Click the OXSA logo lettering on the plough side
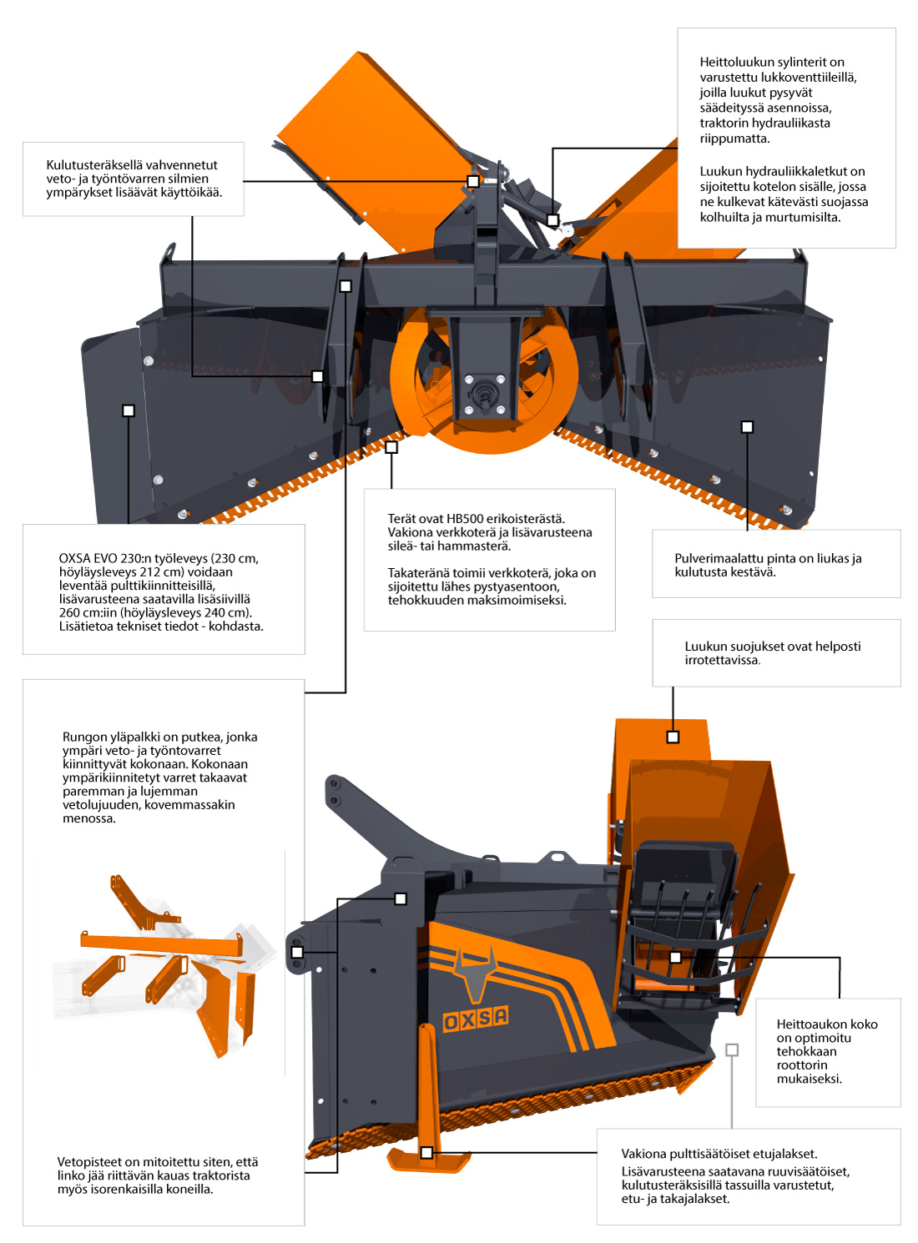pos(475,1018)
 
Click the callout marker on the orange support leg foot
pos(426,1153)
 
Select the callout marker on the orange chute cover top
pos(673,737)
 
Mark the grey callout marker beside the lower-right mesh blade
pos(732,1050)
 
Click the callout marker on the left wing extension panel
pos(129,410)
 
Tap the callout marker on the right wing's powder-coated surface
pos(747,427)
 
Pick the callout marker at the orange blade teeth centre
pos(391,447)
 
